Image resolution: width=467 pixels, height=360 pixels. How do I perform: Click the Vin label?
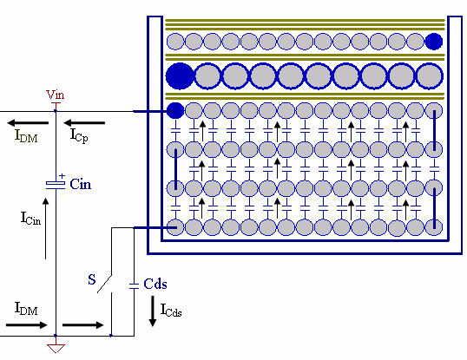55,95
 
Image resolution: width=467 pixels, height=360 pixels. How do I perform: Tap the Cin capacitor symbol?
56,185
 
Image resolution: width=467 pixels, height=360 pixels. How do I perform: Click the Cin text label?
81,184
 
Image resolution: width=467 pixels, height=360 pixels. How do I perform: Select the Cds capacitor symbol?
134,286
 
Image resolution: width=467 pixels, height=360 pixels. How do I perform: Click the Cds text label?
155,284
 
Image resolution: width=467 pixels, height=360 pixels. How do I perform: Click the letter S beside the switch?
92,279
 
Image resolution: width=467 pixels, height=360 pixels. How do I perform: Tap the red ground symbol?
56,348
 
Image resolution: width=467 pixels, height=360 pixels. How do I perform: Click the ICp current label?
79,135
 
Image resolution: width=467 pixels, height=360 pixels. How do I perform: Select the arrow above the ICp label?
84,122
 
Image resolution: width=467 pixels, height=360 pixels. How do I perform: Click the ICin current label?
30,218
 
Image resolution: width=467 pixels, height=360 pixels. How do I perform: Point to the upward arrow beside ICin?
45,228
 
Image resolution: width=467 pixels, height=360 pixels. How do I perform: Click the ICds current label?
171,310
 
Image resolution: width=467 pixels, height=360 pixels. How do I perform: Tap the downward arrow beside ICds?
153,311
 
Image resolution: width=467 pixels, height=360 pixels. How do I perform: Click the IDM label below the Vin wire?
26,135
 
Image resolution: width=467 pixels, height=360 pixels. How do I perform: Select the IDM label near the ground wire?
26,308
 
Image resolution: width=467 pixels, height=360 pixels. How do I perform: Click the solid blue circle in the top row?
434,42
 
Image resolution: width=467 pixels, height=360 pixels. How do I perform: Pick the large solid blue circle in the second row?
180,76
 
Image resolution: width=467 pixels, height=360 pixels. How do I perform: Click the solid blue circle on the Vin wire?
175,111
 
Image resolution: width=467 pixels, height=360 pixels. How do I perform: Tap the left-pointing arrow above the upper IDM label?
28,122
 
